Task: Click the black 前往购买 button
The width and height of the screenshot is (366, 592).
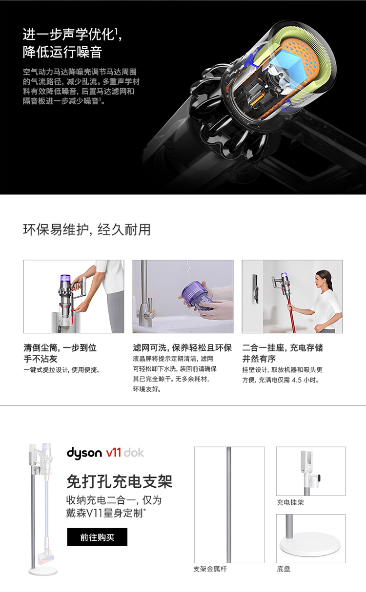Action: coord(97,537)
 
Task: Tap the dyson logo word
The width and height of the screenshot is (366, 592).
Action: coord(84,453)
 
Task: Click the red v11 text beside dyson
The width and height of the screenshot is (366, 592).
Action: coord(114,453)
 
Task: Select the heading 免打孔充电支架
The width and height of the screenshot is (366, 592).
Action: coord(120,481)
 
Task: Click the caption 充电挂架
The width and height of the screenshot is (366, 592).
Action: coord(290,502)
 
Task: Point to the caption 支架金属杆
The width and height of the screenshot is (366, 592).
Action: coord(210,569)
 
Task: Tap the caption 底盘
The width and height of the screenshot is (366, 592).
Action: coord(284,569)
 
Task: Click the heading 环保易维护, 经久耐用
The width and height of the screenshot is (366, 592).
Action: coord(87,229)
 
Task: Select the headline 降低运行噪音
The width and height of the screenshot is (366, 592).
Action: coord(62,52)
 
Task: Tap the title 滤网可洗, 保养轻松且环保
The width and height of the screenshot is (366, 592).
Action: coord(183,348)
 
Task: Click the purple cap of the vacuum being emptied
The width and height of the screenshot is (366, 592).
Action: coord(65,279)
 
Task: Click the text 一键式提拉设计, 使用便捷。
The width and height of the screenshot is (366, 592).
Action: coord(62,370)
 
